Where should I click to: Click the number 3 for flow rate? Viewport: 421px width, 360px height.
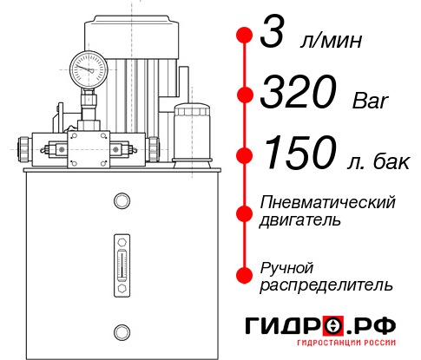(271, 37)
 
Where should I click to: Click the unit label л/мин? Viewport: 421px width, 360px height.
(331, 43)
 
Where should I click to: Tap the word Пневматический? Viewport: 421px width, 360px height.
(327, 203)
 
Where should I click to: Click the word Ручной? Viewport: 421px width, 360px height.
(286, 266)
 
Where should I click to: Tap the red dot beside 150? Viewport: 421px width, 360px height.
(244, 154)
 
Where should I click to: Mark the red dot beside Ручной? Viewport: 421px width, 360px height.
(244, 273)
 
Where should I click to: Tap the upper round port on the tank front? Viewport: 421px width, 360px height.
(121, 201)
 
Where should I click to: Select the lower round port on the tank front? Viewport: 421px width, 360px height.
(121, 330)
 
